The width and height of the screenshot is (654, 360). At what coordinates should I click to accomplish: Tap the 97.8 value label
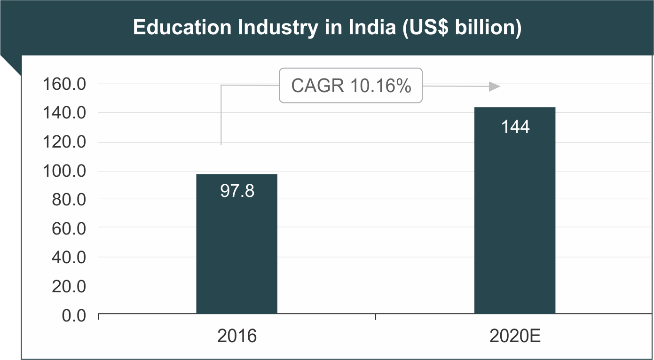click(237, 191)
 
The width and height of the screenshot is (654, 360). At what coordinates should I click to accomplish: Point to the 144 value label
click(515, 127)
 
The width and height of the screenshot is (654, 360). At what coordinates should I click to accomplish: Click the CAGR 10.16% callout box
click(351, 86)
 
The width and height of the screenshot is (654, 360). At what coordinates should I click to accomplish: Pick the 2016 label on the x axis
click(237, 337)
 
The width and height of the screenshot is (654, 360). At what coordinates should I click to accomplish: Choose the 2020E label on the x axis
click(515, 337)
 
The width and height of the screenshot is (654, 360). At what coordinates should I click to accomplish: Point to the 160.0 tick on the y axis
click(64, 85)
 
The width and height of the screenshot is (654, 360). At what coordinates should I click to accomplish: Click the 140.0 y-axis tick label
click(64, 113)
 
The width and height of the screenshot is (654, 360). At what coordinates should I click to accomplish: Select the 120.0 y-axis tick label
click(64, 142)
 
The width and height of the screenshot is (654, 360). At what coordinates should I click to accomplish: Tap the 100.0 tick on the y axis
click(64, 171)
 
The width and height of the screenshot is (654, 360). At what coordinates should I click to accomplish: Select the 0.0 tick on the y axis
click(74, 315)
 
